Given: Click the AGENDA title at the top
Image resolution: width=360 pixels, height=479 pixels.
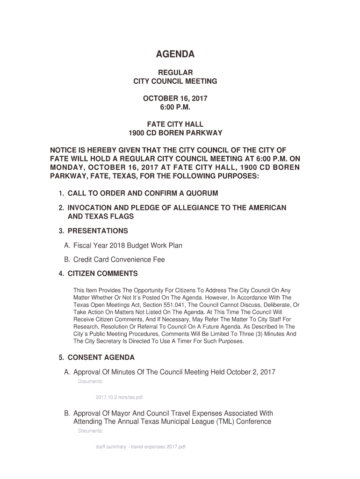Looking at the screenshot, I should click(x=175, y=55).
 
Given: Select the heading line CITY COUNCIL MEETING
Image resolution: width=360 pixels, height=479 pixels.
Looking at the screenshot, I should click(x=175, y=81).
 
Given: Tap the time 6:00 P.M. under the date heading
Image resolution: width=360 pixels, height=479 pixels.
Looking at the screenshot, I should click(x=175, y=107).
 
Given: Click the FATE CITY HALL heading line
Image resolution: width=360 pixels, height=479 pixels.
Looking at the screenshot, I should click(x=175, y=124).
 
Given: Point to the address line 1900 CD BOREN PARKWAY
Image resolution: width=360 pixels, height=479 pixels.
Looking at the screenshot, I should click(x=175, y=133).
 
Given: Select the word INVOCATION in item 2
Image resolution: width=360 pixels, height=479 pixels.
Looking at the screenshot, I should click(x=88, y=208).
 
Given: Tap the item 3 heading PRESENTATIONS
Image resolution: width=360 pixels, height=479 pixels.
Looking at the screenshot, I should click(x=98, y=231).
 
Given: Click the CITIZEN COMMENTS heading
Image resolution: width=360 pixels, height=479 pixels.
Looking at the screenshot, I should click(x=102, y=274).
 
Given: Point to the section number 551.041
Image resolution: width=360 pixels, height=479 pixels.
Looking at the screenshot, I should click(x=180, y=305).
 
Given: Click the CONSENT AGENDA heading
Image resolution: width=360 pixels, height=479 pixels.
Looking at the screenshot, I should click(x=101, y=358).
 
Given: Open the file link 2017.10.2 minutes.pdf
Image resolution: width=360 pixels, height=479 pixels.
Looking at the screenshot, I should click(x=119, y=397).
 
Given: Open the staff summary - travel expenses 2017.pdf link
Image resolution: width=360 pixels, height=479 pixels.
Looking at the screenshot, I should click(x=140, y=447).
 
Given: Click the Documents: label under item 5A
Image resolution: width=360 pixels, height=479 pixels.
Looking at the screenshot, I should click(x=90, y=382).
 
